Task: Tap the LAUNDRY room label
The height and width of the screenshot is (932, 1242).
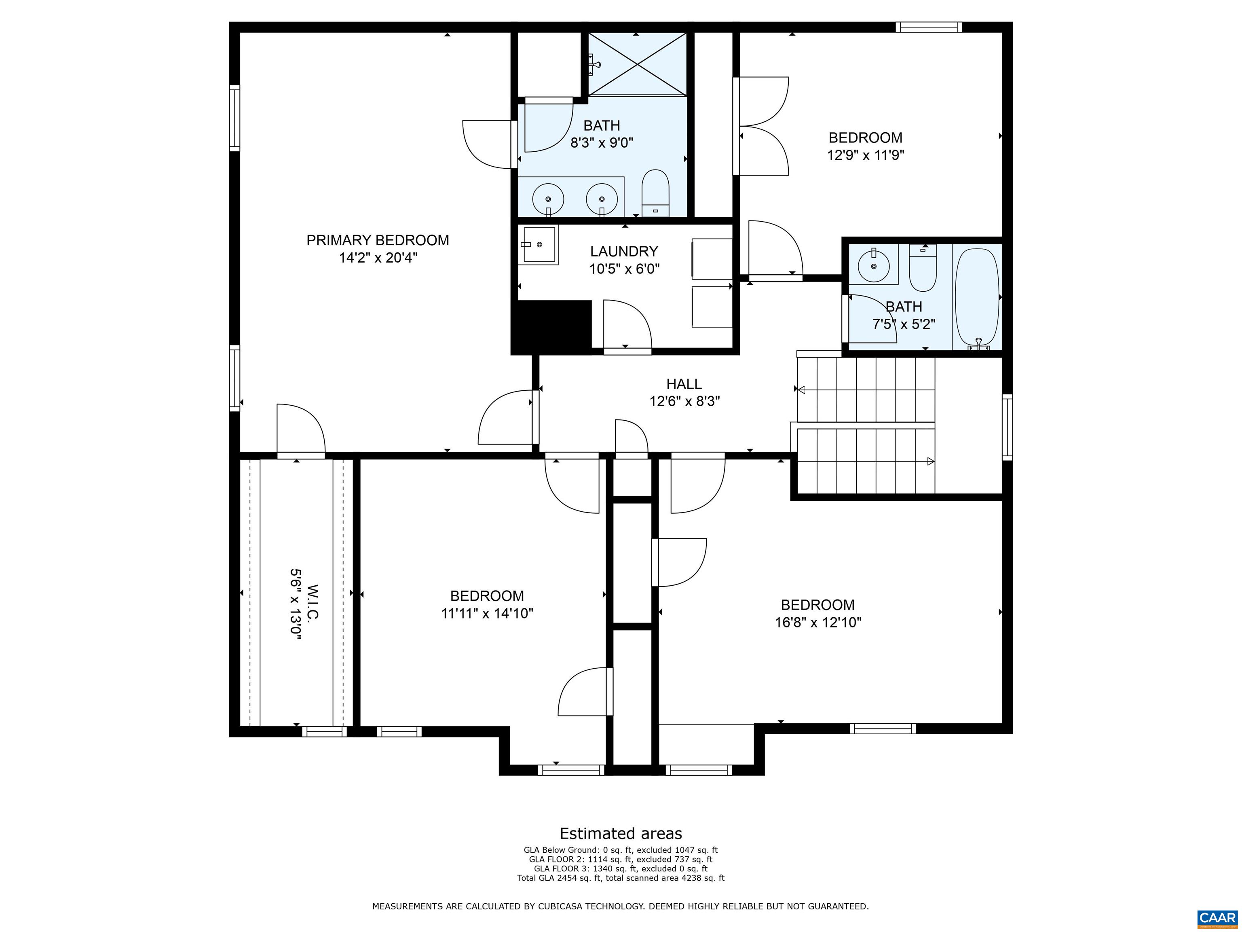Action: pos(624,251)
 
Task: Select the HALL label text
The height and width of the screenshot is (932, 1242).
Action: pos(684,384)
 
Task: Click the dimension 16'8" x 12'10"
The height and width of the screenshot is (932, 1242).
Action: pos(818,623)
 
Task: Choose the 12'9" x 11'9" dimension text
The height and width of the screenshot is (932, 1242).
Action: pos(865,155)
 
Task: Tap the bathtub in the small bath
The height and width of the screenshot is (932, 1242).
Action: pos(978,298)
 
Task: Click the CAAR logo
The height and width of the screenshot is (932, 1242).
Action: pos(1217,918)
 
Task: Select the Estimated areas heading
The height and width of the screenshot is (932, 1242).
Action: pos(621,833)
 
